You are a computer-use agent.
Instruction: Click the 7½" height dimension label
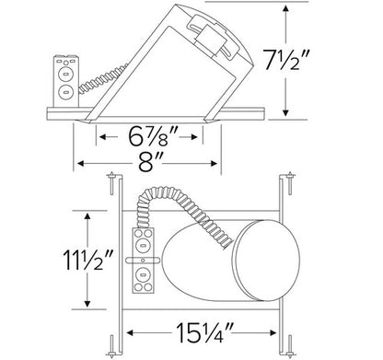click(x=285, y=60)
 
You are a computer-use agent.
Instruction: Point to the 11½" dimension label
click(x=88, y=260)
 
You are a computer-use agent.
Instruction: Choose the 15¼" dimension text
click(x=204, y=332)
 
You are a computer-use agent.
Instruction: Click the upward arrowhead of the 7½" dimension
click(x=285, y=8)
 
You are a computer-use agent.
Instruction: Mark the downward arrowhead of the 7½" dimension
click(x=285, y=112)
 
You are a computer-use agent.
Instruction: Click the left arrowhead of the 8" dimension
click(x=81, y=164)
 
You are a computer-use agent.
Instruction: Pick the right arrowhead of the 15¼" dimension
click(x=273, y=332)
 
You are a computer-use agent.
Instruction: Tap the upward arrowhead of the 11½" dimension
click(x=87, y=216)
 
